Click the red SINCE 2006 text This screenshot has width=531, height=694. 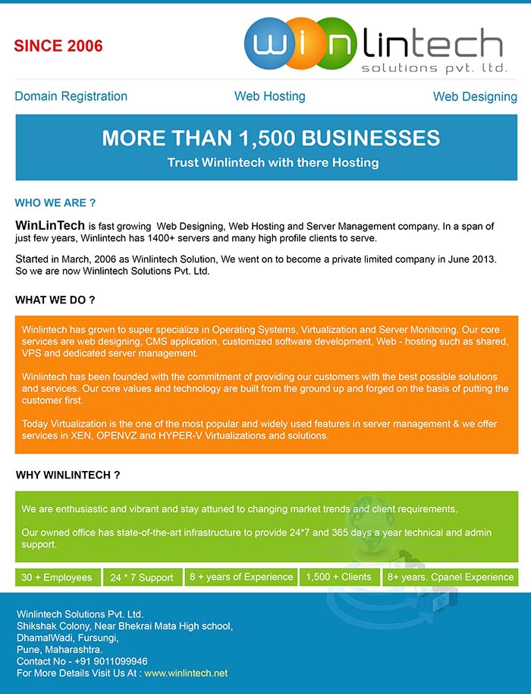click(58, 46)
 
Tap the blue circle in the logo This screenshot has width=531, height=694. click(269, 44)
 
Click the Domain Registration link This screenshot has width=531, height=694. click(71, 96)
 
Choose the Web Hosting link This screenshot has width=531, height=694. click(269, 96)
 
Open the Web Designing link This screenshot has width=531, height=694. click(475, 96)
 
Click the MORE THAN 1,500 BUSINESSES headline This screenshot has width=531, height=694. click(271, 138)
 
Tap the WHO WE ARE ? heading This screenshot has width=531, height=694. click(55, 203)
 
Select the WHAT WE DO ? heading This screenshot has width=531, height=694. click(55, 300)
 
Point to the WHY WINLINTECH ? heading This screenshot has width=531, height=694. click(68, 476)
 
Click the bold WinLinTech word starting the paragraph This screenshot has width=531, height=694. click(50, 226)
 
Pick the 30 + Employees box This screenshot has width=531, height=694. click(57, 577)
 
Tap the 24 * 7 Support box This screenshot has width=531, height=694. click(142, 577)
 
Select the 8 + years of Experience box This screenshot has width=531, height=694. click(241, 577)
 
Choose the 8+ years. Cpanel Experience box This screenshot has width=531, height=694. click(451, 577)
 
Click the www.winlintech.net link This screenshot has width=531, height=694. click(186, 673)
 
